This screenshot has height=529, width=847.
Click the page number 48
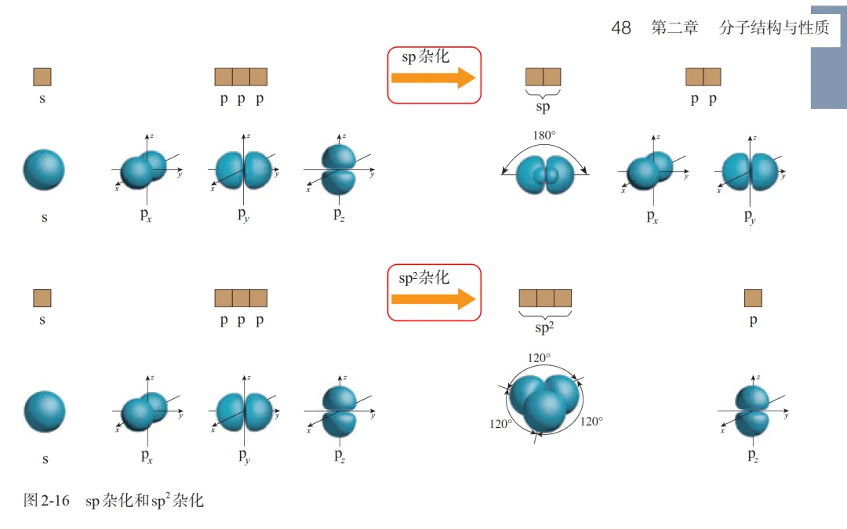(620, 28)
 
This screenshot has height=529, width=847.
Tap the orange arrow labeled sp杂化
(433, 78)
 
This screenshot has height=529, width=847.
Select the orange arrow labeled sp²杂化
(433, 299)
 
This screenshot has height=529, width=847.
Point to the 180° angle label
(544, 135)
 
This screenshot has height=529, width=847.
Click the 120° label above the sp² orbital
(539, 358)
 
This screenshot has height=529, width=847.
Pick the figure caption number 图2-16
(47, 500)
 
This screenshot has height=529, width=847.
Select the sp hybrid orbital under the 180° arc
(544, 174)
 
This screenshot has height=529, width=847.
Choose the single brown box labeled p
(753, 298)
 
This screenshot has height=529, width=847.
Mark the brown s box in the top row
(42, 77)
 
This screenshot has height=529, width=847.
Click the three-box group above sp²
(545, 298)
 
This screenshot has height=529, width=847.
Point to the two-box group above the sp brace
(543, 77)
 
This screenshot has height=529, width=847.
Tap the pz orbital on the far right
(753, 411)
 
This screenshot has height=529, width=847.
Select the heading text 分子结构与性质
(774, 28)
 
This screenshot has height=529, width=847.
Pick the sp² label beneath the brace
(543, 328)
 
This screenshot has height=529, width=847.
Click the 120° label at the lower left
(500, 424)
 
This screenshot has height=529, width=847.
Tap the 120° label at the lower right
(591, 422)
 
